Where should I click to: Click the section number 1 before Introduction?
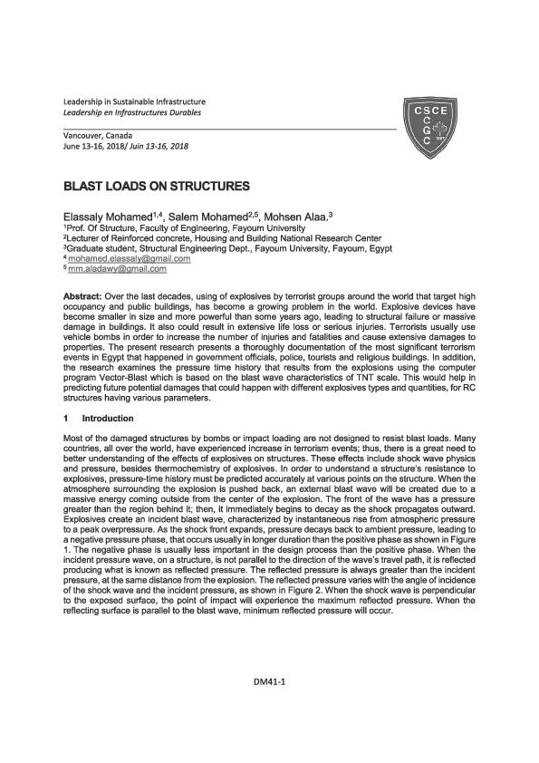coord(65,419)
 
